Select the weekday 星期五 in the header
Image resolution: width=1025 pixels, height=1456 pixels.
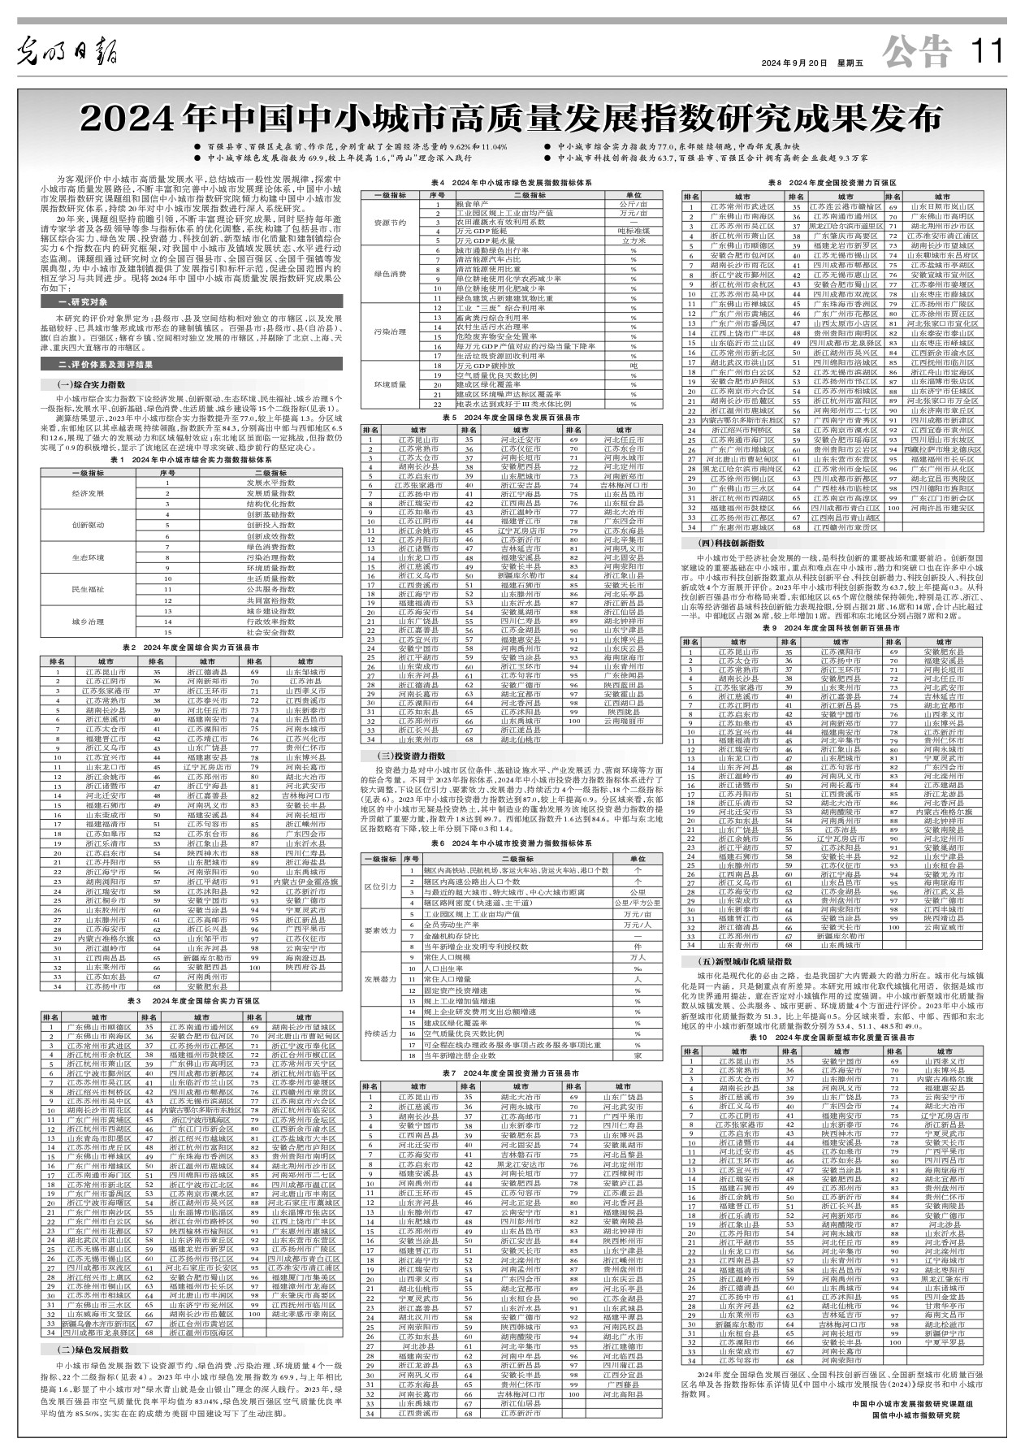click(x=849, y=63)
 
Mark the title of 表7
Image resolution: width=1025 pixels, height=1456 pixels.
click(x=511, y=1073)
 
